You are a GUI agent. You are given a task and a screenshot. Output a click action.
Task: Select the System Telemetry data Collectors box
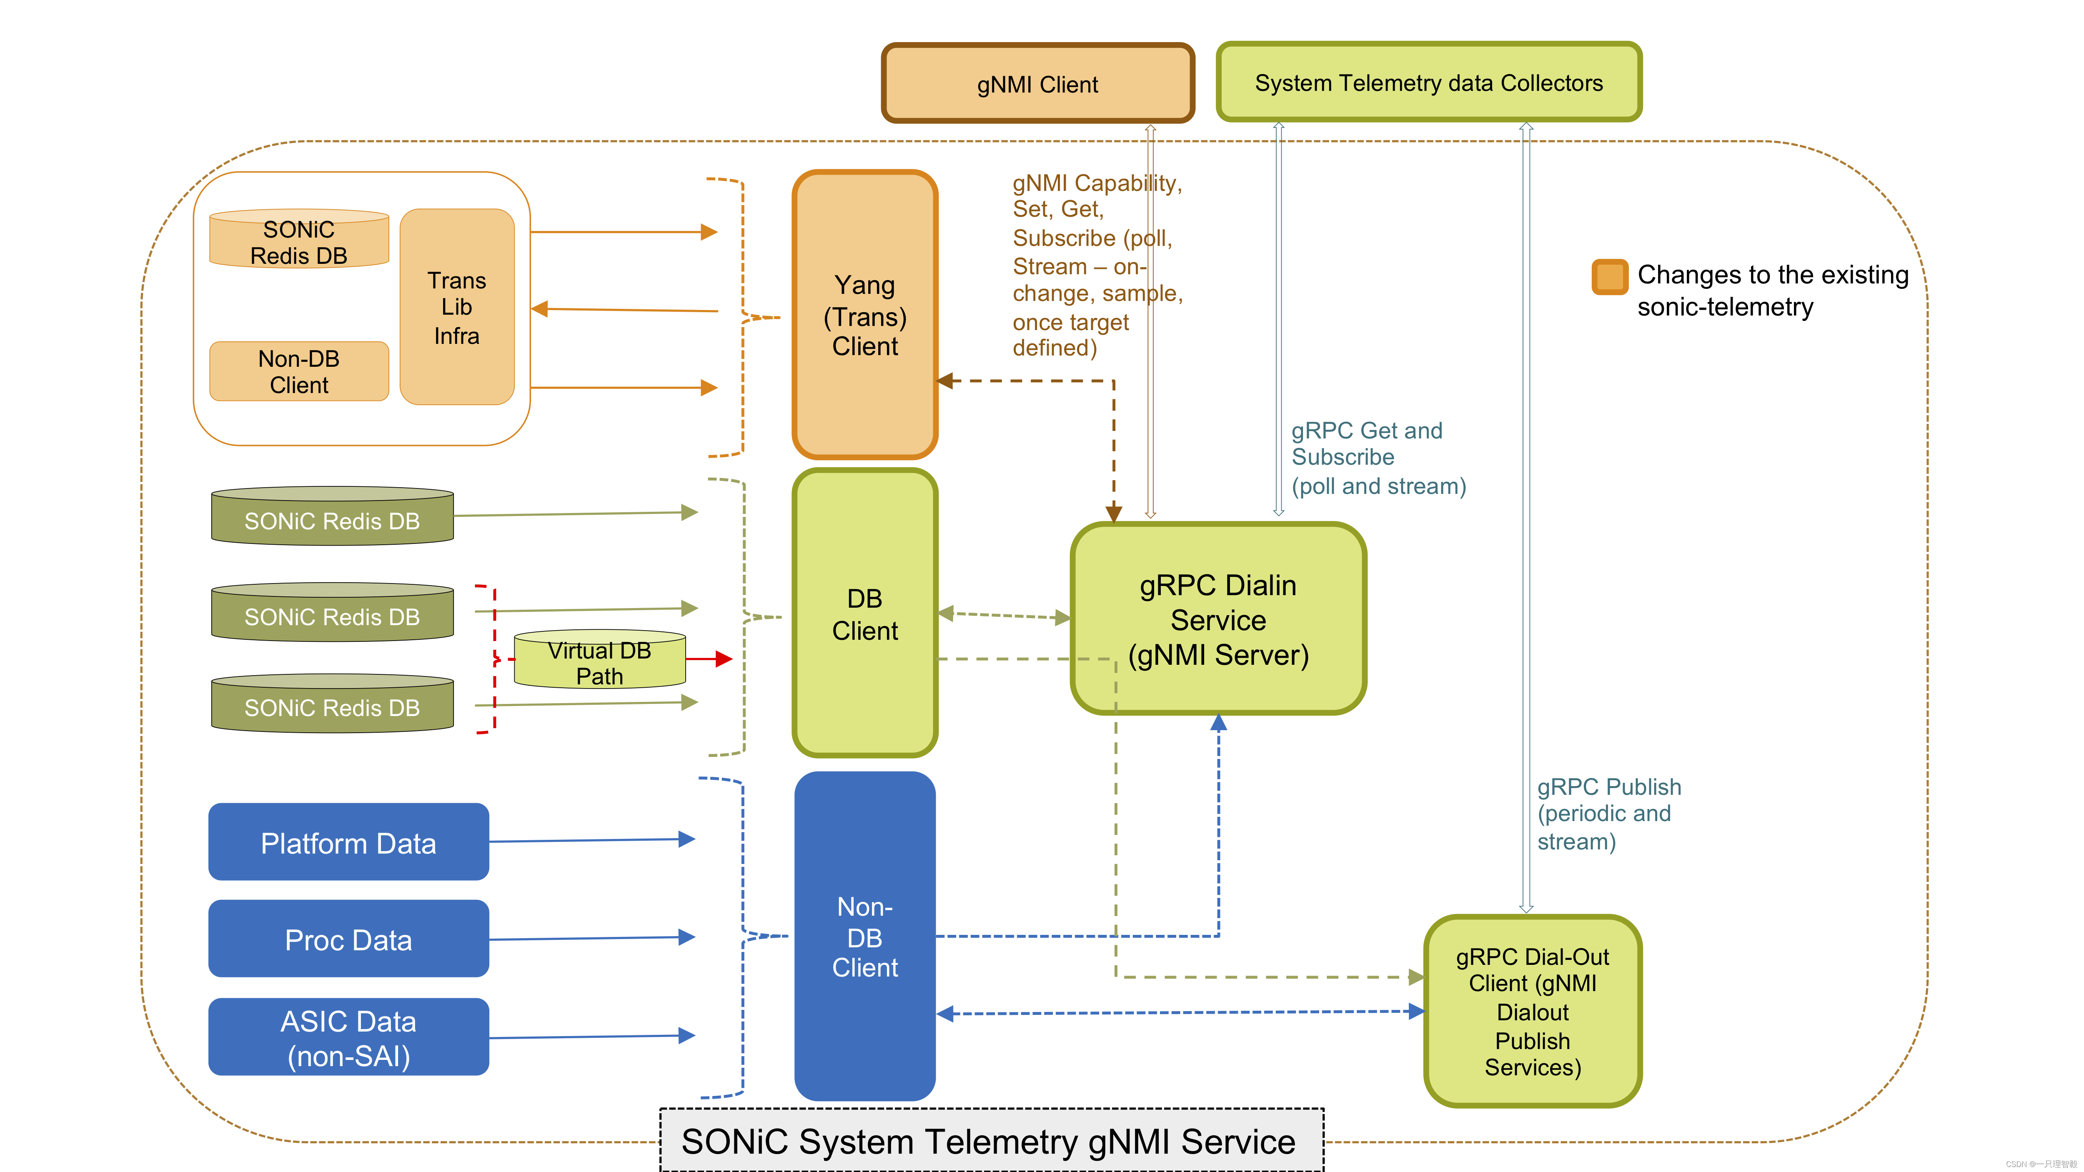click(1429, 83)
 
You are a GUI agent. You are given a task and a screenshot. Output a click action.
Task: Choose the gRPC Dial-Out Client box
click(1532, 1011)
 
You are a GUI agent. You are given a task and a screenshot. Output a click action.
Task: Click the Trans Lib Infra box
click(457, 307)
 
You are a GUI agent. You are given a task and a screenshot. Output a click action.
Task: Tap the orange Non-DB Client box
click(298, 371)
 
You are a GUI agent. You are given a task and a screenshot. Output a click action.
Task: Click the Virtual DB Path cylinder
click(599, 661)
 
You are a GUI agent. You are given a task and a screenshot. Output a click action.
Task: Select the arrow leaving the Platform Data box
click(591, 840)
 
